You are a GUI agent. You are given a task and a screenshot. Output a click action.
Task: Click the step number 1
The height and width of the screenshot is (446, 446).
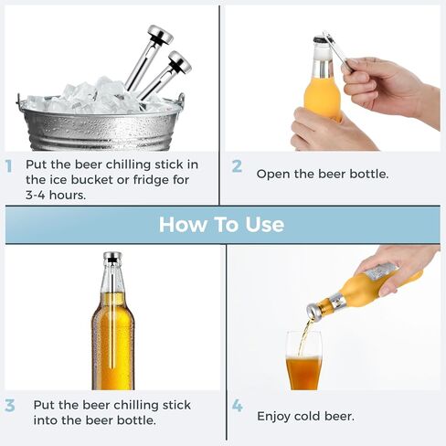tap(8, 166)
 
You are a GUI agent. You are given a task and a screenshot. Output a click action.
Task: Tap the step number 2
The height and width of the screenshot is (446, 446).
tap(237, 166)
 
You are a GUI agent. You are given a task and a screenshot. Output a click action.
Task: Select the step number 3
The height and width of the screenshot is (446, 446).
tap(10, 406)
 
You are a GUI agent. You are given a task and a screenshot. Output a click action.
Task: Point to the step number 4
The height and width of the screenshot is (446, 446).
tap(238, 406)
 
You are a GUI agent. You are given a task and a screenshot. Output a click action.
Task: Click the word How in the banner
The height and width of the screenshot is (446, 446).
tap(183, 225)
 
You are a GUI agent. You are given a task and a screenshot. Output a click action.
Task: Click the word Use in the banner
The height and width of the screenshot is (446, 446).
tap(265, 225)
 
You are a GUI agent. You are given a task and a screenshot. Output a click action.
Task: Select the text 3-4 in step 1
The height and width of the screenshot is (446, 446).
tap(36, 195)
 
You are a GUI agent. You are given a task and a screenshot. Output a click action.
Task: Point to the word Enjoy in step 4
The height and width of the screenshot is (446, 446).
tap(273, 417)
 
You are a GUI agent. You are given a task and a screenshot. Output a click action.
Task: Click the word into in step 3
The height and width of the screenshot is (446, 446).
tap(46, 420)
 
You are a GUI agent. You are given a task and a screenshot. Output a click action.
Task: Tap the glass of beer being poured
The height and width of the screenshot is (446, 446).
tap(303, 361)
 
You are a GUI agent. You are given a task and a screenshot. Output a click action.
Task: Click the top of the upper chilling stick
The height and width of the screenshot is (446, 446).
tap(160, 35)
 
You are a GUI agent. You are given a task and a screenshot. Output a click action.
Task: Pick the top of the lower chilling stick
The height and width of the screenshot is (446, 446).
tap(180, 61)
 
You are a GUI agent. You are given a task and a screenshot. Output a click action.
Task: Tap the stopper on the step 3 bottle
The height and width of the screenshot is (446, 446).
tap(112, 258)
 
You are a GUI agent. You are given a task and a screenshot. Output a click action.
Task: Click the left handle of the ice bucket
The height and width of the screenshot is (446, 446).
tap(19, 100)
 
